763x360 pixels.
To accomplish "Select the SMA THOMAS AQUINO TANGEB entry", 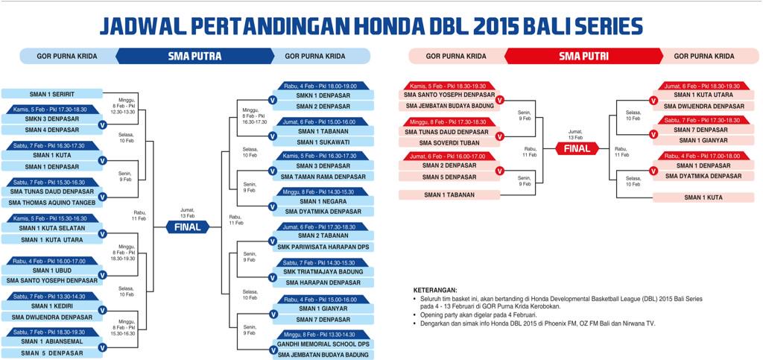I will click(x=52, y=202).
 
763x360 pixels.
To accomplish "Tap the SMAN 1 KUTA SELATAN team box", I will click(x=52, y=228).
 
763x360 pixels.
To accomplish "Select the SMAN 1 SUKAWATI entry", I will click(x=323, y=142).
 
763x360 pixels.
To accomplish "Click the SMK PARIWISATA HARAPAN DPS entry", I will click(x=323, y=247).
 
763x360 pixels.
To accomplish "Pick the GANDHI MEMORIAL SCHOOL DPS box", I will click(x=323, y=344).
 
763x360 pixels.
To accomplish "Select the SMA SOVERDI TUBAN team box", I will click(x=447, y=142).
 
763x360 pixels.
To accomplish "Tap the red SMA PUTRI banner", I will click(x=584, y=56).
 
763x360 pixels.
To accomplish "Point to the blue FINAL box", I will click(x=188, y=227).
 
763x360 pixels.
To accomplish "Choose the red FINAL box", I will click(x=577, y=148).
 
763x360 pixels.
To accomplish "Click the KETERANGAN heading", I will click(x=435, y=290).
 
